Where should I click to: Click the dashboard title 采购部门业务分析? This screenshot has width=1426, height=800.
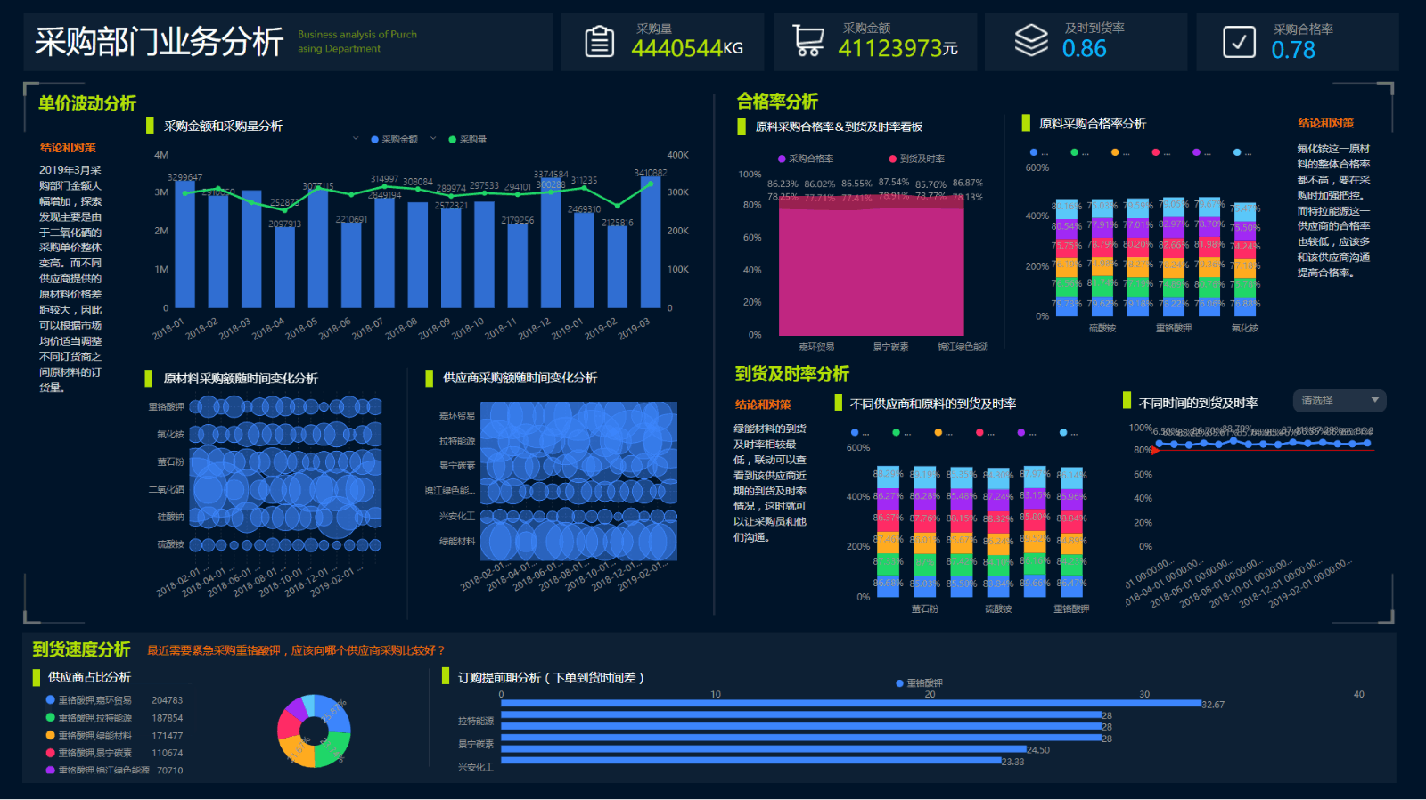pos(159,42)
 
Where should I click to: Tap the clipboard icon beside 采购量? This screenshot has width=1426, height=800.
pos(599,42)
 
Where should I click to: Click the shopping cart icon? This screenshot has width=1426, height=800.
pos(808,41)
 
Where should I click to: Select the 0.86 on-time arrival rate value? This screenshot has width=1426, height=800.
pos(1084,49)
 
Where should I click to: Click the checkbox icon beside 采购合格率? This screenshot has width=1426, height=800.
pos(1239,42)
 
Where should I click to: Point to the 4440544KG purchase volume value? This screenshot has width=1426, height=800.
pos(686,49)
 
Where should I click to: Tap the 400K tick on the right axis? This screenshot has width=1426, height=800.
pos(677,155)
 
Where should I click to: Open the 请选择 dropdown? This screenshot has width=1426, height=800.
pos(1339,401)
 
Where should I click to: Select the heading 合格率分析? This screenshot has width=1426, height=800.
pos(777,102)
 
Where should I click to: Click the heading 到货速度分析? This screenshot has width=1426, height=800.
pos(81,649)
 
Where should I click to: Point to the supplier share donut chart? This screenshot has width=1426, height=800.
pos(314,731)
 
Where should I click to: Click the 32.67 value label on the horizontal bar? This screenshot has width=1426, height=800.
pos(1213,705)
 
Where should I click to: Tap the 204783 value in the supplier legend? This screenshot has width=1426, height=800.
pos(167,700)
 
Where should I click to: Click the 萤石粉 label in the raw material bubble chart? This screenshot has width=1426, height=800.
pos(170,461)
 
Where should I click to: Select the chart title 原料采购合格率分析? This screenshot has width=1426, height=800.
pos(1092,124)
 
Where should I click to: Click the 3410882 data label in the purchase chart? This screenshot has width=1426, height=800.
pos(650,173)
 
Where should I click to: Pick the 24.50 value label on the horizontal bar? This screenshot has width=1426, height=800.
pos(1038,750)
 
